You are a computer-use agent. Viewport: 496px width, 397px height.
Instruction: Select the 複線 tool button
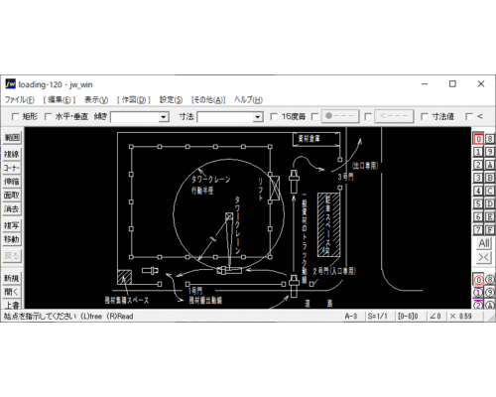coord(11,154)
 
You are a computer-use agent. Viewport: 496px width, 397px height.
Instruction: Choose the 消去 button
coord(11,209)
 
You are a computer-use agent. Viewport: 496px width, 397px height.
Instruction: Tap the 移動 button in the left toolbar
coord(11,239)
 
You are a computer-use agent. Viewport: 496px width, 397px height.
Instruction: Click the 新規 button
coord(11,278)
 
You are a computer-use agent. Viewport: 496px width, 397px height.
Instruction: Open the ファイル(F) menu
coord(20,100)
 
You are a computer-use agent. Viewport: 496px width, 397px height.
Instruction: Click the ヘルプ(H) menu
coord(248,100)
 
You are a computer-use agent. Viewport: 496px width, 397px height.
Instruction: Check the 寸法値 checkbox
coord(425,117)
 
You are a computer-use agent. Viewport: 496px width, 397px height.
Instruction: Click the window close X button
coord(480,83)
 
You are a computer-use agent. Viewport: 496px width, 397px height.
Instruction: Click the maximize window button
coord(452,83)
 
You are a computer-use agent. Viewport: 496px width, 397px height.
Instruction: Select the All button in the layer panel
coord(483,242)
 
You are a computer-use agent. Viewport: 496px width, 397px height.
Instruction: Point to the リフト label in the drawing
coord(260,187)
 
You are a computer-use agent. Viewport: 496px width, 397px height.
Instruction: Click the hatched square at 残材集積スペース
coord(125,276)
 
